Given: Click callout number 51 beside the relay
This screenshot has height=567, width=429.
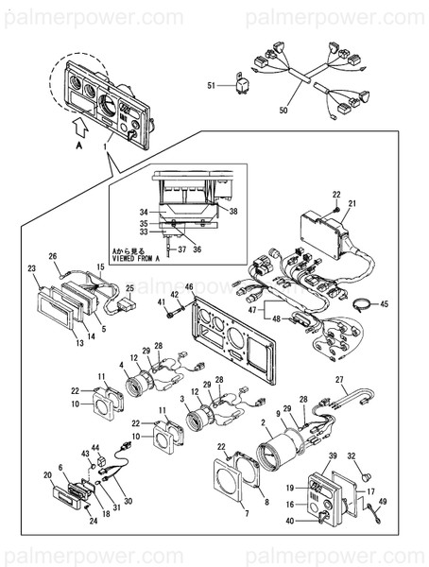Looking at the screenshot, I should point(212,86).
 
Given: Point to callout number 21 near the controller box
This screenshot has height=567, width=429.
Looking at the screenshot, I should point(352,203).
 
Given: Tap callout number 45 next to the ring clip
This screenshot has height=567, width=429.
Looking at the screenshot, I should point(384,303).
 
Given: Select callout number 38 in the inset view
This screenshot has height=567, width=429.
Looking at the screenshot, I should point(233,212).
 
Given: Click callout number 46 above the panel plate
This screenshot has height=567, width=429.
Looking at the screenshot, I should point(189,286).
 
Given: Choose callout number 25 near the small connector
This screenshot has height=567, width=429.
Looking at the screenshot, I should point(129,287).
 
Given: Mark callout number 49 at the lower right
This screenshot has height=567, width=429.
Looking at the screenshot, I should point(382,502).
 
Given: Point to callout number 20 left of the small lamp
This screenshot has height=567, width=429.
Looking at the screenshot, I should point(48,475).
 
